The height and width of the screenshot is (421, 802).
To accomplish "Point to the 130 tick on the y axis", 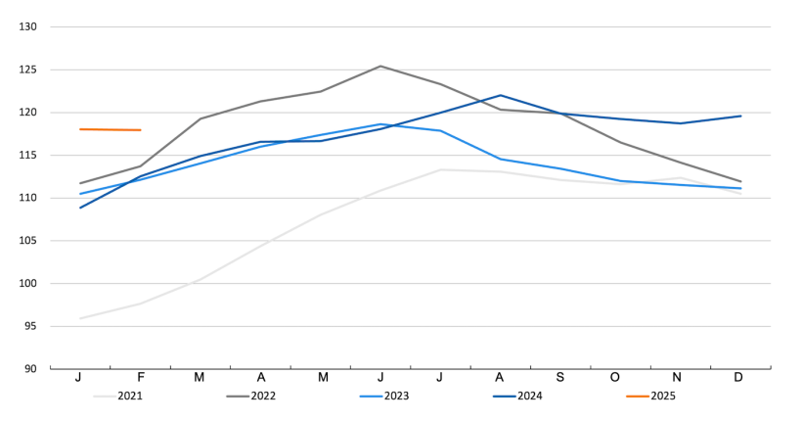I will coord(26,26).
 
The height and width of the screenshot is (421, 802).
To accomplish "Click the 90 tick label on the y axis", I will coord(29,369).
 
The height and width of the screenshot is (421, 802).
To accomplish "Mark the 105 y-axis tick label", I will coord(26,241).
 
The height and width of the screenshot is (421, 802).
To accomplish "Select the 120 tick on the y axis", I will coord(26,113).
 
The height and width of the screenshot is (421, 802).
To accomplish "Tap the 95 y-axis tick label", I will coord(29,326).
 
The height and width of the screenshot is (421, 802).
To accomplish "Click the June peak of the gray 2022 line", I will coord(380,66).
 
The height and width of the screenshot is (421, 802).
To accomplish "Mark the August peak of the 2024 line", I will coord(501,95).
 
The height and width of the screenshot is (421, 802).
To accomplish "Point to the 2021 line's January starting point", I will coord(80,318).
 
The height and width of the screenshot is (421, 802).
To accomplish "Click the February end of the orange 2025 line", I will coord(140,130).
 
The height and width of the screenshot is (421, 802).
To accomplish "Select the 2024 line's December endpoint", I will coord(740,116).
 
